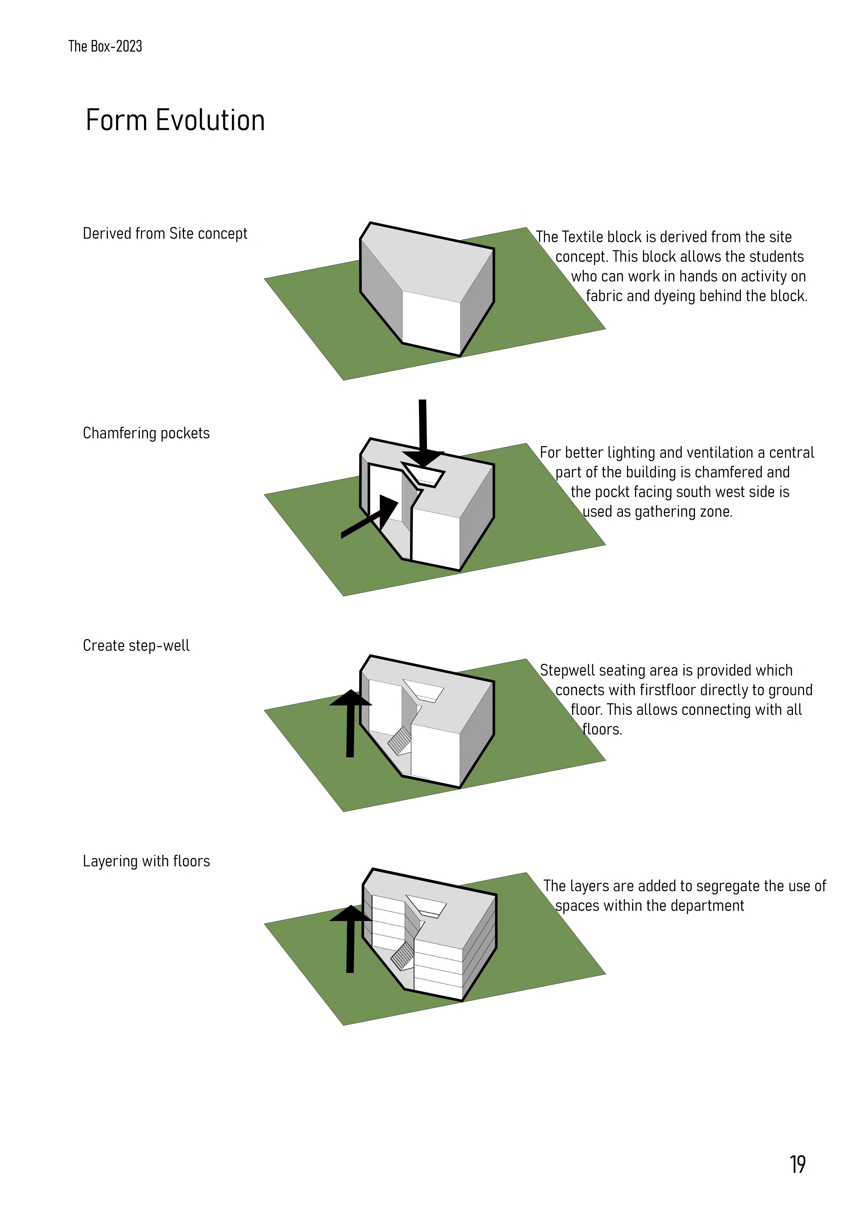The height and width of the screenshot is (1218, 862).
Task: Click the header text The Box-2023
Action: (105, 47)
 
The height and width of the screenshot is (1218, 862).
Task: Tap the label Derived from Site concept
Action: (165, 234)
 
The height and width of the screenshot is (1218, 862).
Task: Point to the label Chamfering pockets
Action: (146, 433)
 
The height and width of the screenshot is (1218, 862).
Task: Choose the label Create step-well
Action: (136, 646)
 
